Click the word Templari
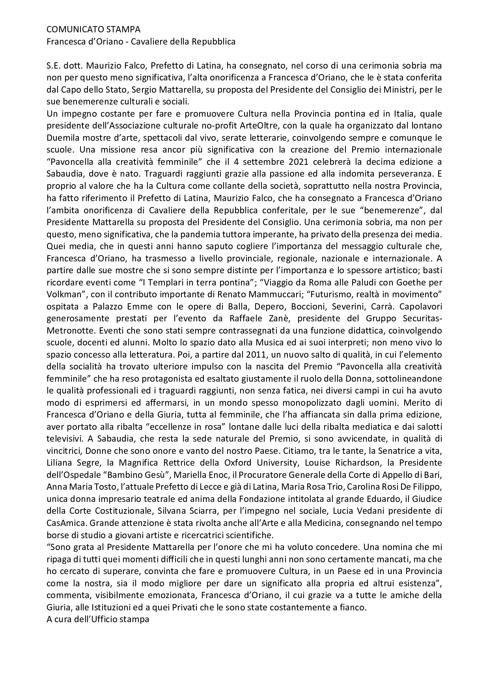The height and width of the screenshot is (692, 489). pyautogui.click(x=166, y=283)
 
